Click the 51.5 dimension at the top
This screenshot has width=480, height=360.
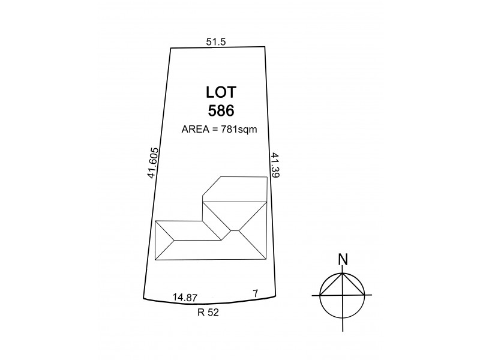[216, 41]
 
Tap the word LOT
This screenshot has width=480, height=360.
[221, 92]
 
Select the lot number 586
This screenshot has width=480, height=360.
[221, 110]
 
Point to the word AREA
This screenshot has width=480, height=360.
[196, 129]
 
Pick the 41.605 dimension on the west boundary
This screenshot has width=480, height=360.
[153, 163]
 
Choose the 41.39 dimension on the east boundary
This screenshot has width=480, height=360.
[275, 166]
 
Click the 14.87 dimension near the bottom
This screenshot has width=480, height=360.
[185, 297]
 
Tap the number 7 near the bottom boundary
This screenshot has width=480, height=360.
[256, 293]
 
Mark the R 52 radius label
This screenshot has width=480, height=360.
[208, 313]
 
